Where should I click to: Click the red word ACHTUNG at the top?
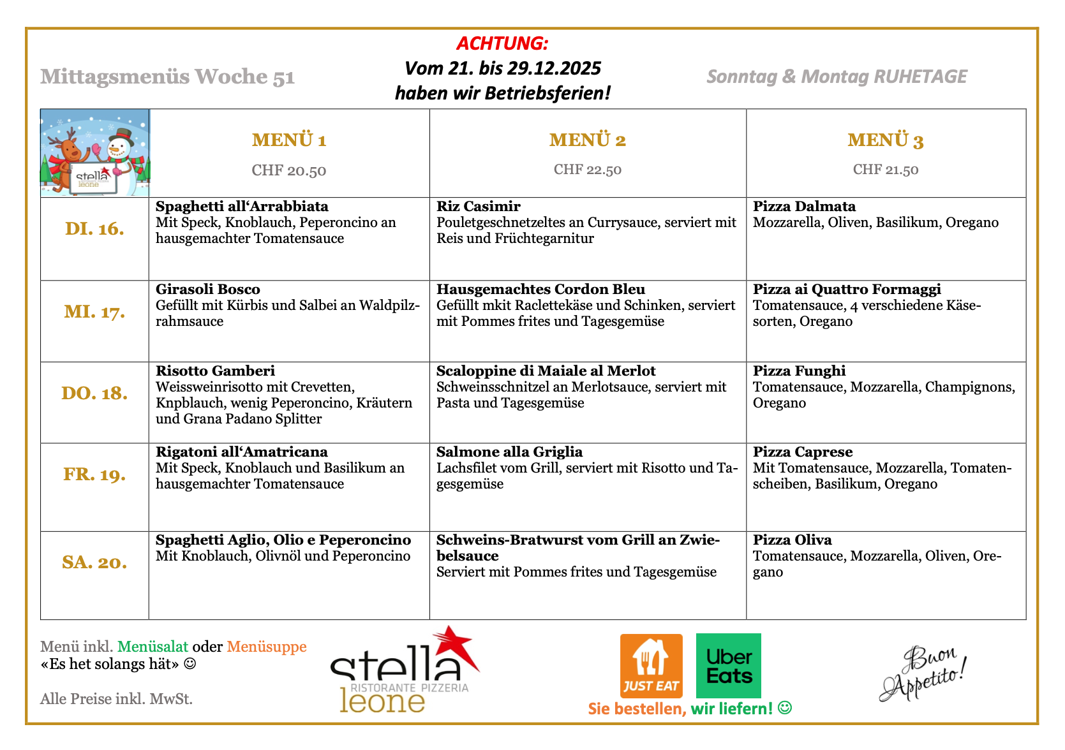[502, 43]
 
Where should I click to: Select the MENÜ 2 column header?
[587, 140]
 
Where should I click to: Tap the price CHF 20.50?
[288, 170]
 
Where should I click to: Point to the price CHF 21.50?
[886, 170]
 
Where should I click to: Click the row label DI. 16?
[94, 229]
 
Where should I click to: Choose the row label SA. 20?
[94, 562]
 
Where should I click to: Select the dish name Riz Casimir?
[479, 207]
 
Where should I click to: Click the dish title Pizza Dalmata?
[804, 207]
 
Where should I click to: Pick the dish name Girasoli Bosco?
[208, 290]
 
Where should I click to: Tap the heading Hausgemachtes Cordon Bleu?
[540, 290]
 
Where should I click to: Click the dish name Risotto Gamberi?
[215, 371]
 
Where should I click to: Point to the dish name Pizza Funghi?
[799, 371]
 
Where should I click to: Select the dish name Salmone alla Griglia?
[509, 452]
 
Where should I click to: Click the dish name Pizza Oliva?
[792, 540]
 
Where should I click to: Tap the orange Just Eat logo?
[651, 665]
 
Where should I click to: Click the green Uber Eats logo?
[729, 665]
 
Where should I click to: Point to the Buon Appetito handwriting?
[922, 673]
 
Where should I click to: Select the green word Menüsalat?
[153, 647]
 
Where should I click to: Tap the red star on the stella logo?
[454, 645]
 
